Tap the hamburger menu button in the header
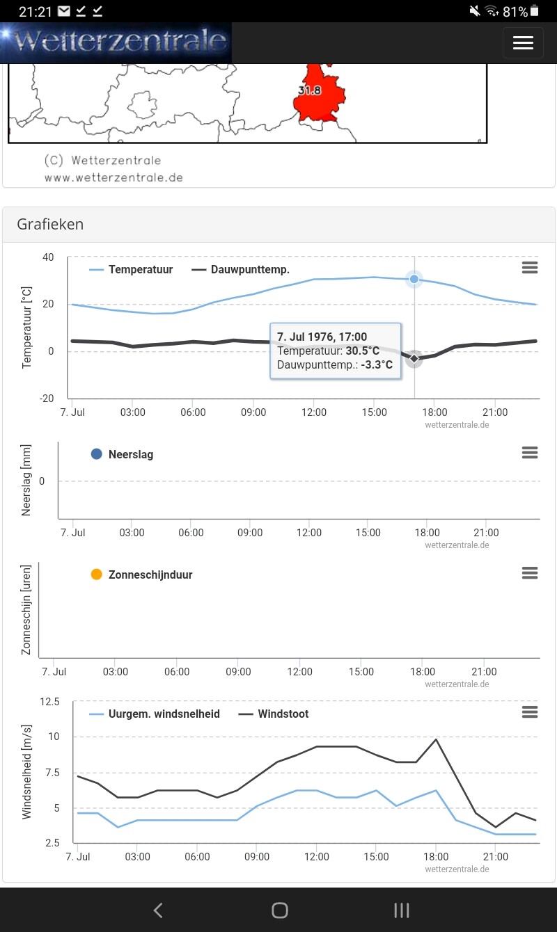(523, 42)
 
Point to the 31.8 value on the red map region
(310, 90)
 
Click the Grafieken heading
(50, 224)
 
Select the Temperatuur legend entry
(131, 270)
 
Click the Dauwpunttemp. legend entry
(240, 270)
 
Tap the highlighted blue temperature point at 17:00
(414, 279)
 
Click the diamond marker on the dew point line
(414, 358)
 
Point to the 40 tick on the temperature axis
(48, 257)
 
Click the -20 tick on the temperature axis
(47, 398)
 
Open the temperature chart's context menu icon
(530, 268)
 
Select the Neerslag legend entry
(122, 454)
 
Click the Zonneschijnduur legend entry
(141, 575)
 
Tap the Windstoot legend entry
(274, 714)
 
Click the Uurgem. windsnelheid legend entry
(155, 714)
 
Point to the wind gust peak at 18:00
(436, 739)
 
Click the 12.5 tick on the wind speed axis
(49, 702)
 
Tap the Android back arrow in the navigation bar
(158, 910)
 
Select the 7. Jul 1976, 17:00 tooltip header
(322, 337)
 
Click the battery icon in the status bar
(535, 11)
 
